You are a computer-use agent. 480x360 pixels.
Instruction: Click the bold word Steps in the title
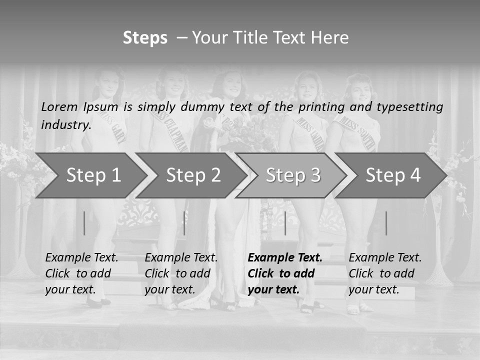(145, 38)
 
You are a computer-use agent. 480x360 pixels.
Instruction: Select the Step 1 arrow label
(93, 175)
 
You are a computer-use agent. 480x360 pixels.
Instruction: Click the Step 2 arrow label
(193, 175)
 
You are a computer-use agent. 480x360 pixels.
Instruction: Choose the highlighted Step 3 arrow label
(293, 175)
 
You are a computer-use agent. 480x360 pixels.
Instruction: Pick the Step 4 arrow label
(393, 175)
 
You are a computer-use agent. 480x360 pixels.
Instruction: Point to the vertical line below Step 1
(84, 223)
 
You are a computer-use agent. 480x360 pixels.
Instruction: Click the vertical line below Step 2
(184, 223)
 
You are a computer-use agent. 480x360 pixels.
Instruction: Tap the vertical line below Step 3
(285, 223)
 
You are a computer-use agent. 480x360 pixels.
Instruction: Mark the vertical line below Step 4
(386, 223)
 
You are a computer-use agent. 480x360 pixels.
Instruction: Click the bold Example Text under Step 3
(285, 258)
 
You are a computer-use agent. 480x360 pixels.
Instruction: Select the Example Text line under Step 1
(81, 258)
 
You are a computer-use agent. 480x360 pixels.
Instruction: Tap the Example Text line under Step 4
(385, 258)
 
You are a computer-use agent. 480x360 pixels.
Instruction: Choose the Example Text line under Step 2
(181, 258)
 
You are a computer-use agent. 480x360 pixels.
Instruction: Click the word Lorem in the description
(59, 107)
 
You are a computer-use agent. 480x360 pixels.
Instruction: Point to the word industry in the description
(65, 124)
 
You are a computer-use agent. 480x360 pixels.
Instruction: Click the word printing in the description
(323, 107)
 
